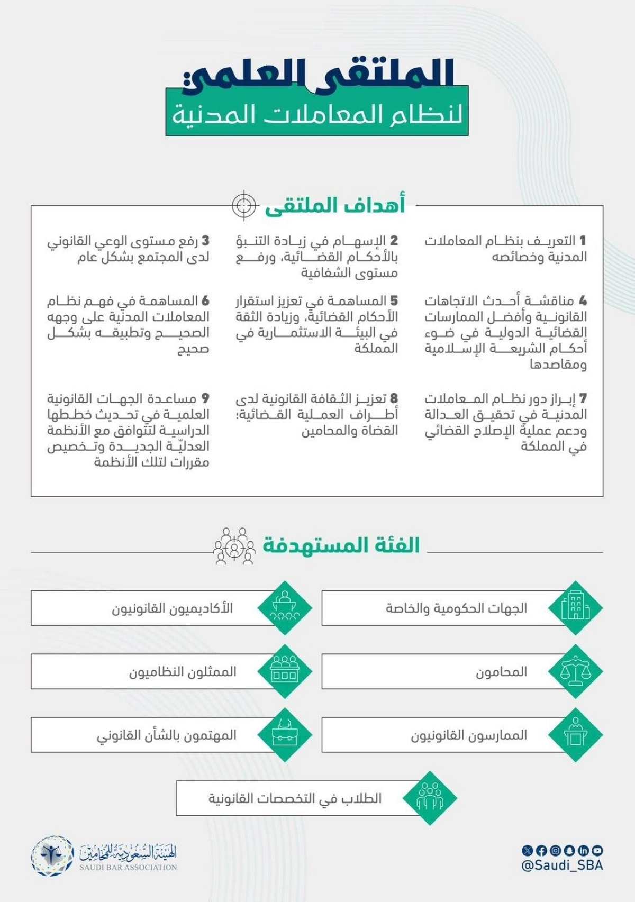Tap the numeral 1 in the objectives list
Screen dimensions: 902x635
click(583, 241)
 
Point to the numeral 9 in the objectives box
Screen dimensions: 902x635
click(205, 398)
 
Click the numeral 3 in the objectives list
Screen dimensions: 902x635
click(205, 241)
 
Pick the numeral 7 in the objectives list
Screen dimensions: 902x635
click(583, 398)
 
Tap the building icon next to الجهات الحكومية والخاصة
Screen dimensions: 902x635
click(575, 608)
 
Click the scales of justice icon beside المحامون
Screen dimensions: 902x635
click(575, 671)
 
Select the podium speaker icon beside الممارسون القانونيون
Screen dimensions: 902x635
click(575, 735)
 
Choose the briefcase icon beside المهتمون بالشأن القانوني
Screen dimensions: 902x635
click(285, 735)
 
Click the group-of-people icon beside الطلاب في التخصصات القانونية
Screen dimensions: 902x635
click(430, 798)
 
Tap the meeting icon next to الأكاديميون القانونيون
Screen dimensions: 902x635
click(285, 608)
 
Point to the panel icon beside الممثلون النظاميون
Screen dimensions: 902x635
click(285, 671)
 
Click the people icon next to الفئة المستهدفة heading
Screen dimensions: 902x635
click(233, 545)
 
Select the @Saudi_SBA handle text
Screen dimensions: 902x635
click(562, 866)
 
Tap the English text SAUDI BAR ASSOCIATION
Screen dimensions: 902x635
click(128, 868)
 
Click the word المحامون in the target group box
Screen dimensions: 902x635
click(501, 672)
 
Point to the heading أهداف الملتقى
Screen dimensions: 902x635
click(335, 205)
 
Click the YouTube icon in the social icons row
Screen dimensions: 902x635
click(597, 851)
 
